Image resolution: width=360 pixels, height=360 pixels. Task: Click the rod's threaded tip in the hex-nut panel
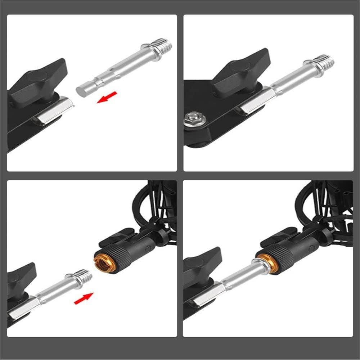tap(325, 61)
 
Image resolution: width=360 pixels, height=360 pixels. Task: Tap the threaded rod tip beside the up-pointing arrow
tap(85, 276)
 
